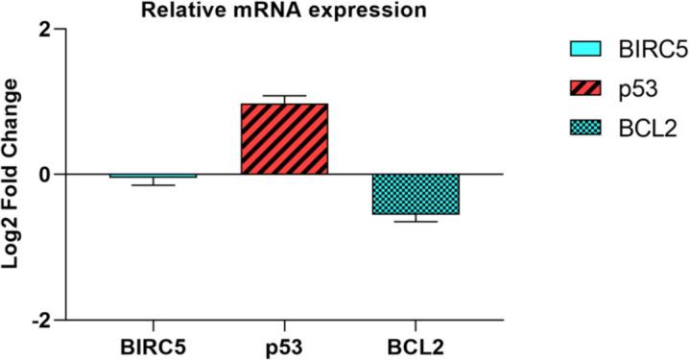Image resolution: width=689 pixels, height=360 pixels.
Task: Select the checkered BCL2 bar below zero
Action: [x=416, y=195]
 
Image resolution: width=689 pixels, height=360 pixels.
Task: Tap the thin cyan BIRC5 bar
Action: [x=154, y=176]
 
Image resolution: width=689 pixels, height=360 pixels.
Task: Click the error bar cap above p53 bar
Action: [x=284, y=96]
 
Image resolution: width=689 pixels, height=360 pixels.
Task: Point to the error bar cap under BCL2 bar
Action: [x=416, y=222]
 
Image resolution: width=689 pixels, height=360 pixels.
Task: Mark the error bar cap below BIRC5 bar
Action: [x=154, y=185]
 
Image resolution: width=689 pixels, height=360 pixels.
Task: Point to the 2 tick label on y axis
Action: [x=44, y=30]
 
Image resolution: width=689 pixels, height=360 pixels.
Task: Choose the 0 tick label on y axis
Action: [x=44, y=175]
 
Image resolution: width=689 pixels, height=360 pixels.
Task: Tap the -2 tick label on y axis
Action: [x=40, y=320]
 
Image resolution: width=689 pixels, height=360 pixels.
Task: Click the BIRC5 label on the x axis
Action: [x=154, y=343]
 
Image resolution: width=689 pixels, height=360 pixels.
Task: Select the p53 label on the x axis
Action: [x=284, y=343]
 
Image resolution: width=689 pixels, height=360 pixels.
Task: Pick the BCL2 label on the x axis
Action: [x=416, y=343]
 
